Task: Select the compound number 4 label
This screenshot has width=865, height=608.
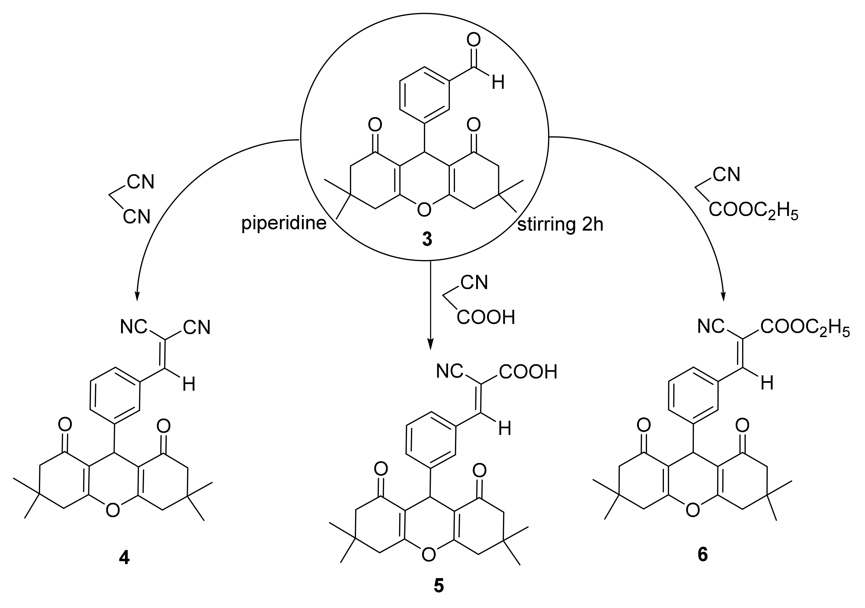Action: [x=124, y=558]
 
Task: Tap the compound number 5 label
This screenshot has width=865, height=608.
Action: [x=439, y=586]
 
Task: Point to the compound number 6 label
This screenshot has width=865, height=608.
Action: [x=703, y=555]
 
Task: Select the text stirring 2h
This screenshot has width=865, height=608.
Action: [x=560, y=225]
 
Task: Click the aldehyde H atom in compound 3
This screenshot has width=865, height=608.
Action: [x=498, y=82]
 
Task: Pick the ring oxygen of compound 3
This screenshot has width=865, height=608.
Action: [x=424, y=210]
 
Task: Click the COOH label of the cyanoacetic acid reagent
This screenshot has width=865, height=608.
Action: [x=485, y=318]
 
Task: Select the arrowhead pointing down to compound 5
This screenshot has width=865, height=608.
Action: [x=431, y=344]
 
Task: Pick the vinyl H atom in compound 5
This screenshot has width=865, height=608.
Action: [x=505, y=429]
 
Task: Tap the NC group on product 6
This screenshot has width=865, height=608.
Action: [x=710, y=327]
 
